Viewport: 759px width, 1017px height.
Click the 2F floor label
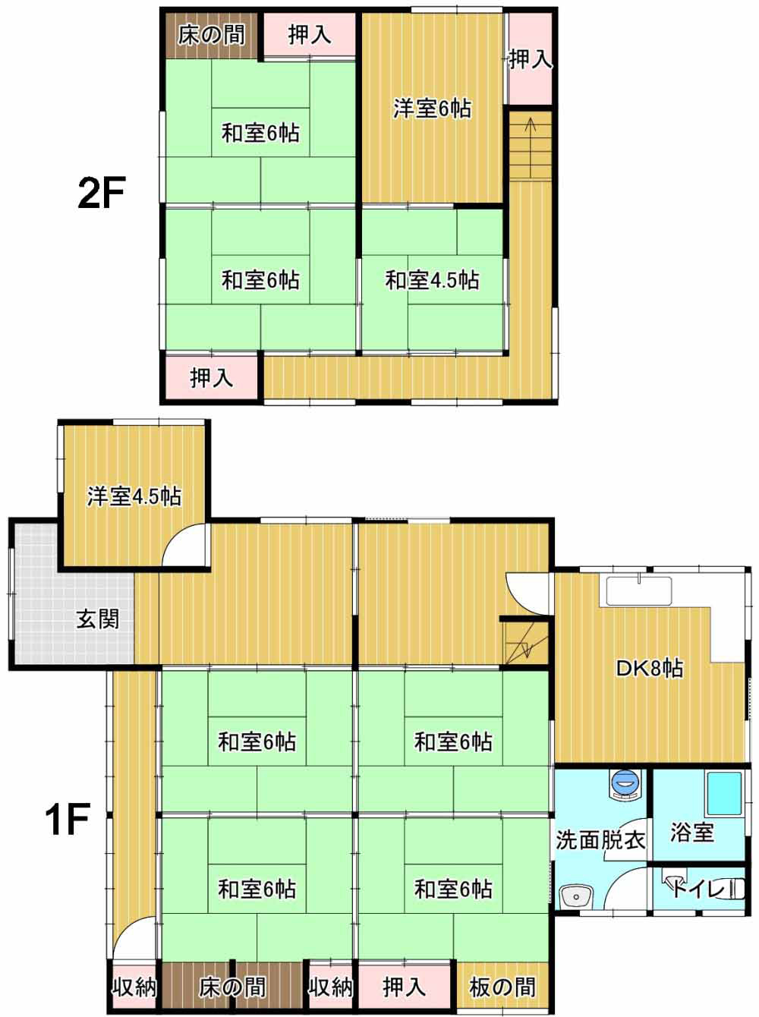[x=102, y=193]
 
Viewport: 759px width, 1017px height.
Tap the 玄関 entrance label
[x=98, y=619]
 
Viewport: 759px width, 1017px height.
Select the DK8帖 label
[x=650, y=669]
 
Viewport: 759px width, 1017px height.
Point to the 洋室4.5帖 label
[x=134, y=496]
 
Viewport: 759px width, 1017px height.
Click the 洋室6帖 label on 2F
[x=433, y=109]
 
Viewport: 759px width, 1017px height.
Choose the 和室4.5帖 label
[x=432, y=280]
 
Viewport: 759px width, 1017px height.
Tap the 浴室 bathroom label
[x=692, y=833]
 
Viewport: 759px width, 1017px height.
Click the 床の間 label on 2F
[x=212, y=35]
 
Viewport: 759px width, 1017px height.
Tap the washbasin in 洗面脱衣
[x=577, y=896]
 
